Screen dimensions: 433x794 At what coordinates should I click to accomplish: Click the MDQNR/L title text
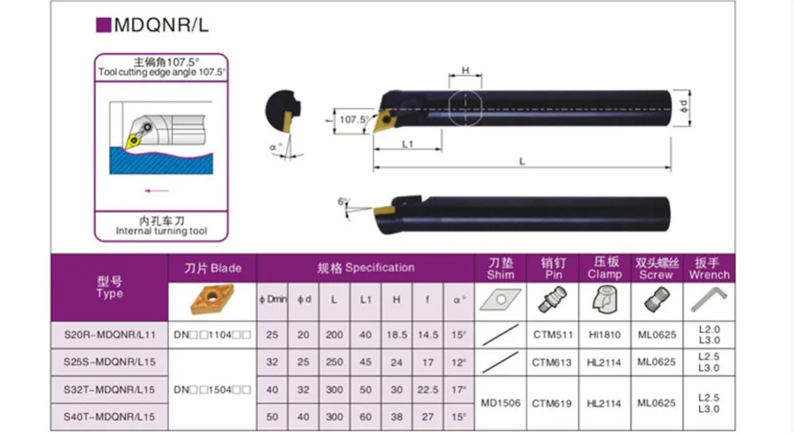point(161,24)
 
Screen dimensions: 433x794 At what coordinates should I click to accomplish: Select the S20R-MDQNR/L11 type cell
point(110,335)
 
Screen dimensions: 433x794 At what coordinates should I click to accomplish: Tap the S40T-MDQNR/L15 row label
point(110,416)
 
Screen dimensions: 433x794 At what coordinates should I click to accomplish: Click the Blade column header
point(214,268)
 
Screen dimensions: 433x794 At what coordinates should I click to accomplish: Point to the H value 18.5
point(395,335)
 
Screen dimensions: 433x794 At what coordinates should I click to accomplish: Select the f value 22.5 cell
point(427,389)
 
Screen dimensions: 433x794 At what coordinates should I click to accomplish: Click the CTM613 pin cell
point(552,362)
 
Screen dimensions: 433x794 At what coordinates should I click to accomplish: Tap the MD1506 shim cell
point(501,403)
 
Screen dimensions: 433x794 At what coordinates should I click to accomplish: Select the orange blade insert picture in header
point(213,300)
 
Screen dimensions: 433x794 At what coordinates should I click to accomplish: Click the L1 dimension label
point(408,144)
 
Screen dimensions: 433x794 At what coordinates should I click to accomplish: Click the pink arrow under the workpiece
point(157,191)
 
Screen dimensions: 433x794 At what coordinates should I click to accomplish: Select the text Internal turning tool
point(161,231)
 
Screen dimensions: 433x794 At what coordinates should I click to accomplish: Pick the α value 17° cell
point(457,389)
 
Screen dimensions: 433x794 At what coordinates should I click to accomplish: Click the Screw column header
point(656,268)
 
